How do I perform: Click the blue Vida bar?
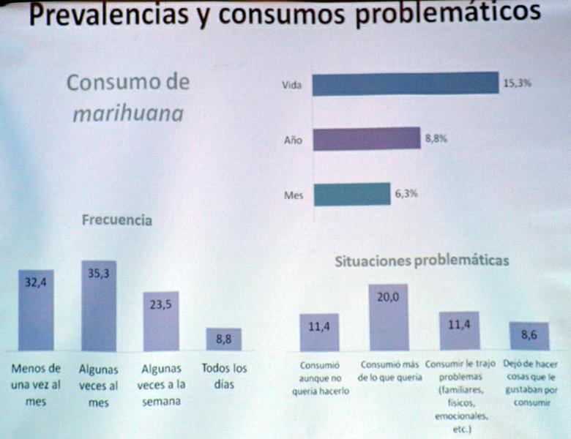[405, 84]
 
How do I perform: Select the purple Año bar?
[366, 138]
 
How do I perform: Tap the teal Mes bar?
[351, 194]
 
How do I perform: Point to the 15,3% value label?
[517, 83]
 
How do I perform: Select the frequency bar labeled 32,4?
[36, 310]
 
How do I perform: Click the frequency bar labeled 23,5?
[160, 321]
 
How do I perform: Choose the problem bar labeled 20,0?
[388, 318]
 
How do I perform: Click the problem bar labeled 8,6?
[529, 336]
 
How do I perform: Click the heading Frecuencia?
[117, 219]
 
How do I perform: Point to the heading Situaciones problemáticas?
[422, 260]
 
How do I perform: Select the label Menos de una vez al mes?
[36, 385]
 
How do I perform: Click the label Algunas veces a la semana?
[161, 385]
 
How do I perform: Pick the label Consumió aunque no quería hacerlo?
[318, 378]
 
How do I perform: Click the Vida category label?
[292, 85]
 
